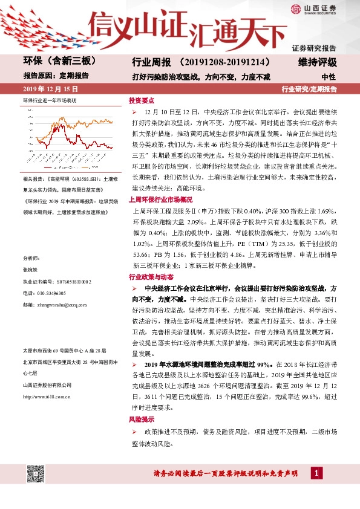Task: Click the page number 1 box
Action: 316,472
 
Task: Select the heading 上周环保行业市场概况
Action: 160,199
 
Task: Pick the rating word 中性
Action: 329,77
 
